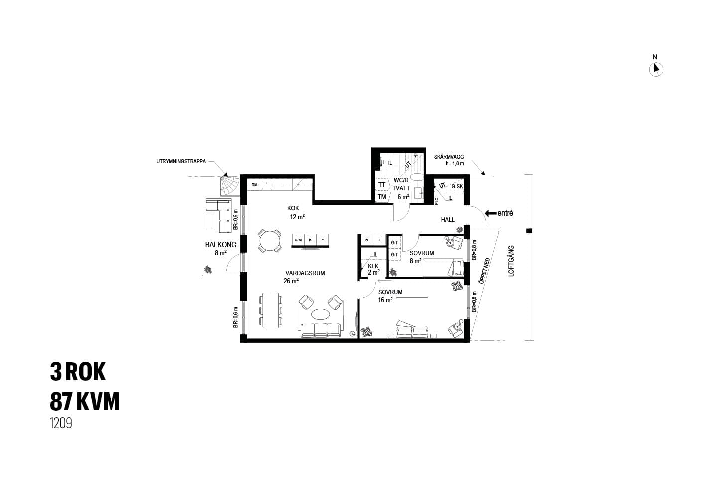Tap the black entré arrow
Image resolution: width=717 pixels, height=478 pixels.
pos(491,213)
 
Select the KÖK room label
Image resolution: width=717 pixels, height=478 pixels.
pos(293,208)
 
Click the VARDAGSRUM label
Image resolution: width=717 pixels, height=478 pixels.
pos(305,273)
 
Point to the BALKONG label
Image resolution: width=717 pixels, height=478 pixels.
pos(221,245)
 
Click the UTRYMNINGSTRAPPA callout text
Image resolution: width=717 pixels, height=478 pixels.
pos(181,162)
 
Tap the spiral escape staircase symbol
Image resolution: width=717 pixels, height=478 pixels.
pos(229,186)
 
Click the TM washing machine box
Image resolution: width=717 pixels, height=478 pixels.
pos(382,197)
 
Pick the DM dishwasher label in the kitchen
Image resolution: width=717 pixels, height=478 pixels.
pos(254,185)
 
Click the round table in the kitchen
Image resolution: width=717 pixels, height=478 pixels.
pos(270,241)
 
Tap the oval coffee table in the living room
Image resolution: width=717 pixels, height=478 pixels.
pos(320,314)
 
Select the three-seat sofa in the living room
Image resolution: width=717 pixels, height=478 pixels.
pos(321,330)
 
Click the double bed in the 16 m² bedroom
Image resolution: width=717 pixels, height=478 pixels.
pos(412,317)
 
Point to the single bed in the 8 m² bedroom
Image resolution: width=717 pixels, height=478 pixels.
pos(443,268)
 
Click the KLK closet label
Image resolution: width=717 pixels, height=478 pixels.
pos(373,266)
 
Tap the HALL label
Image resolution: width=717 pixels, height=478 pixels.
pos(448,220)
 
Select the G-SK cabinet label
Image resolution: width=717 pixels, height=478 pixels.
pos(457,186)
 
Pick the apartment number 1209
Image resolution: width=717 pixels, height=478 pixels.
pos(61,423)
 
